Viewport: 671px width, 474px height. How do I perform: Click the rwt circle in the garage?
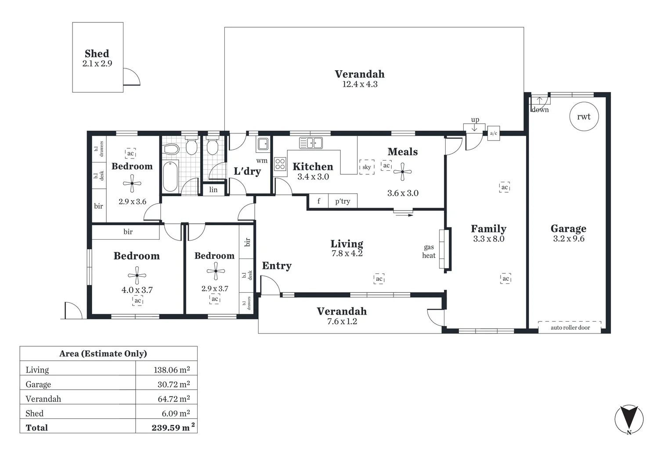(x=584, y=117)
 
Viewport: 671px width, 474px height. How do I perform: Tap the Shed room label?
(x=97, y=54)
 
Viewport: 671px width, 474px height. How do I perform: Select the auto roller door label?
(x=570, y=327)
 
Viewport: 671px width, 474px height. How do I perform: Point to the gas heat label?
(x=429, y=251)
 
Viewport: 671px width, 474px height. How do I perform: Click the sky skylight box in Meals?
(x=367, y=167)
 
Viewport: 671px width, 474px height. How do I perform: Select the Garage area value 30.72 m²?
(x=173, y=384)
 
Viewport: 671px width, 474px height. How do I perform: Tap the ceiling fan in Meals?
(x=402, y=172)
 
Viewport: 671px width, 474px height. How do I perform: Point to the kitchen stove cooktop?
(x=280, y=164)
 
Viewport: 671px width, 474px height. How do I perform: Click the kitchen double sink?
(x=311, y=143)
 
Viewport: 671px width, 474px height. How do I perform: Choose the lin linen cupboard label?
(x=213, y=190)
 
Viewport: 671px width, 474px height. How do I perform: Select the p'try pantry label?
(x=343, y=201)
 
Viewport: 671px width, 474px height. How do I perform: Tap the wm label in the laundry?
(x=262, y=161)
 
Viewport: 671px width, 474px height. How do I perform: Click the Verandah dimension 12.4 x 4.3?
(x=360, y=84)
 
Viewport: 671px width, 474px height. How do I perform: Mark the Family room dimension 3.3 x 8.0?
(x=488, y=239)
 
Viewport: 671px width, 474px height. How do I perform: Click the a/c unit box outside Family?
(x=494, y=133)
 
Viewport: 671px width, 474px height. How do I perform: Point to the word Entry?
(x=277, y=266)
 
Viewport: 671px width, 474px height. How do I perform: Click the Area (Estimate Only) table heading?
(x=103, y=354)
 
